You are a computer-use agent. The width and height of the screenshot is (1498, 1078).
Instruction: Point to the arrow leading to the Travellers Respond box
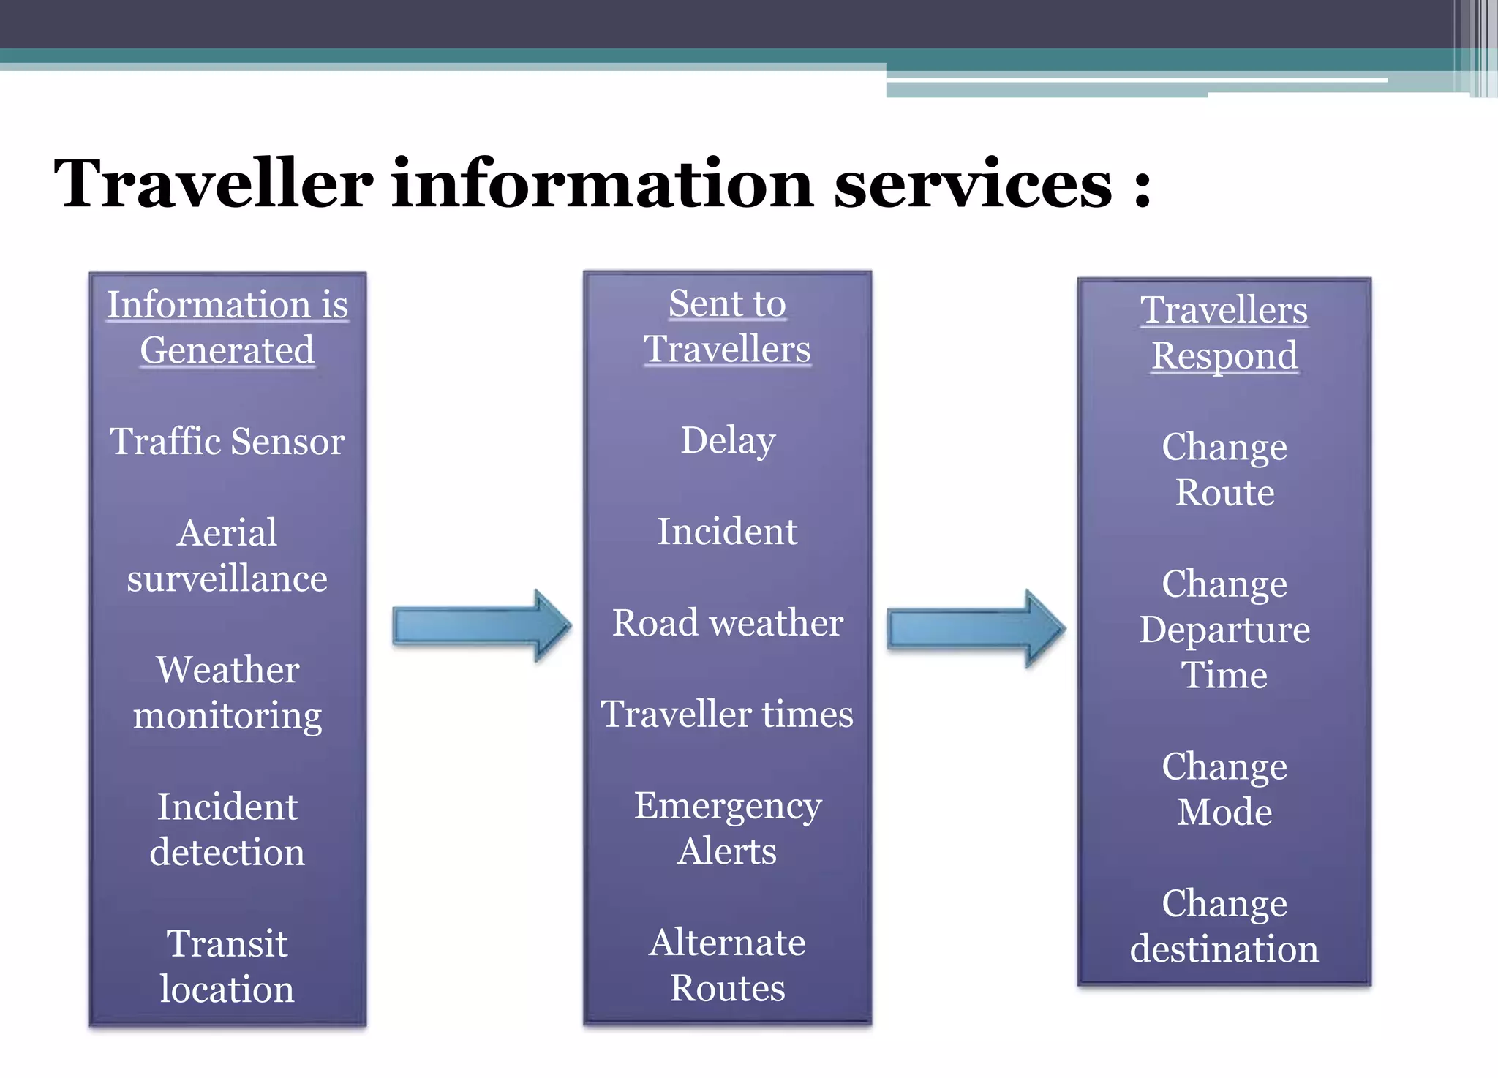tap(976, 628)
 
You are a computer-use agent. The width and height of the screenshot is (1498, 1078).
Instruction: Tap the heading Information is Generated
tap(227, 327)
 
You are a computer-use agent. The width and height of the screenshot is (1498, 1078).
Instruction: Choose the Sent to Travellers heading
tap(727, 325)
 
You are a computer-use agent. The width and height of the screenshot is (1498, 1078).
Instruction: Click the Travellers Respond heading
tap(1224, 332)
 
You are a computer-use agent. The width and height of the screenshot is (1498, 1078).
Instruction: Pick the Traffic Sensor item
tap(227, 441)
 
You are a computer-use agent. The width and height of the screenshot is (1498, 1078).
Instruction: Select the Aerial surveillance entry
tap(227, 555)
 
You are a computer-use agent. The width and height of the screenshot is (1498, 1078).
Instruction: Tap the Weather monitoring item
tap(227, 692)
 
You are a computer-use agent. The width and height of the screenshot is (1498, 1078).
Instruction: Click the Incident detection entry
tap(227, 829)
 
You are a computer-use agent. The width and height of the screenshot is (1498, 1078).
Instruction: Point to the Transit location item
tap(227, 965)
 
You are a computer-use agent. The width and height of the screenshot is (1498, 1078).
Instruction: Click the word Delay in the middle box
tap(728, 440)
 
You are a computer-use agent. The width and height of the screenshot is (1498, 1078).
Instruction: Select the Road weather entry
tap(728, 622)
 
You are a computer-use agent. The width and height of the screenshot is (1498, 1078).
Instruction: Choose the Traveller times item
tap(727, 714)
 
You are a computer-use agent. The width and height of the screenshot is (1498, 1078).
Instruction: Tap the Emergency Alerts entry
tap(728, 828)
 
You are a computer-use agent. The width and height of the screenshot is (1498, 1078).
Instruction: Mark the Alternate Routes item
tap(728, 965)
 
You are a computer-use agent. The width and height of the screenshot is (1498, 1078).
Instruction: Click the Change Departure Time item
tap(1224, 629)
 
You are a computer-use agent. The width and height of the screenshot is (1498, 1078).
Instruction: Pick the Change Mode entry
tap(1224, 789)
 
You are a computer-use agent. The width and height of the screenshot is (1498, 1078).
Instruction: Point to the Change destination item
tap(1224, 926)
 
